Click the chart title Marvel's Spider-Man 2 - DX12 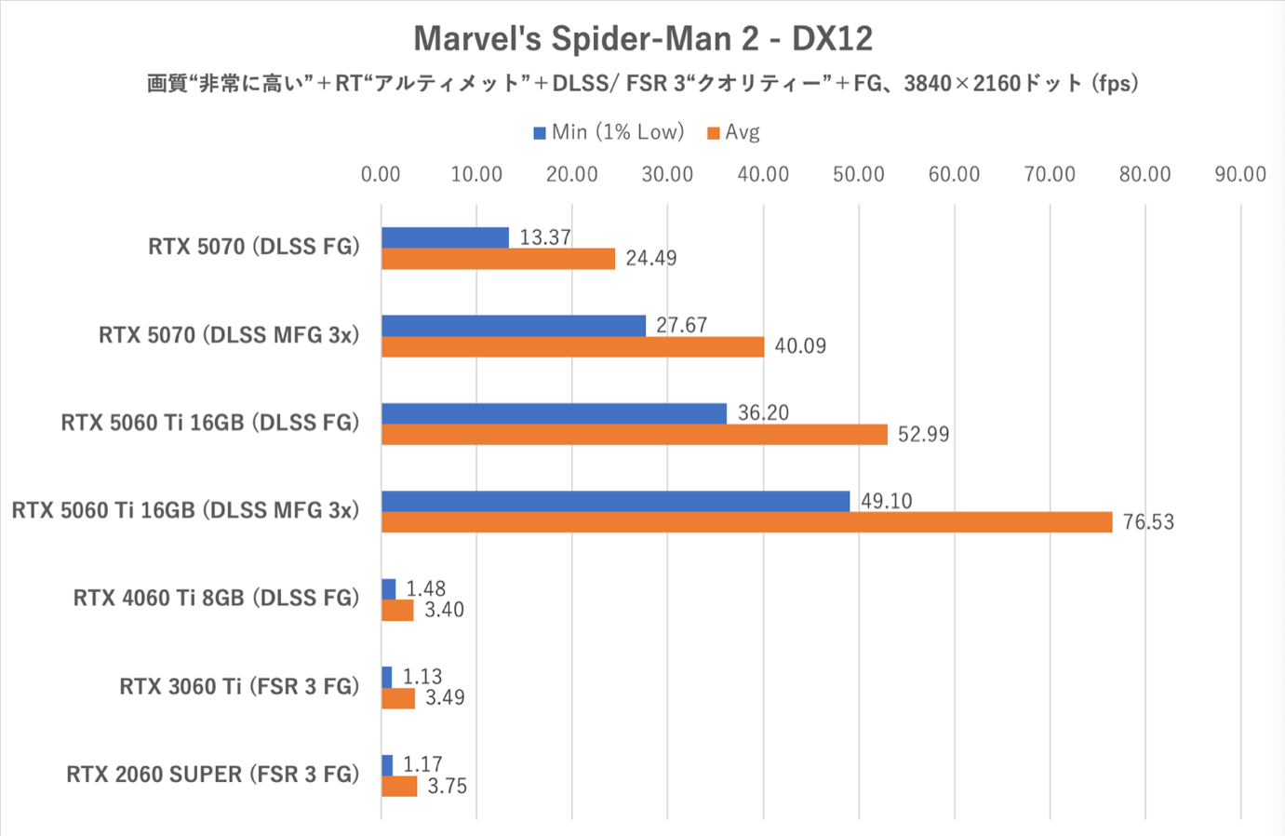643,38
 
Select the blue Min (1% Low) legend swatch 540,133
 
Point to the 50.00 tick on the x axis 858,174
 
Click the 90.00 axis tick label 1239,174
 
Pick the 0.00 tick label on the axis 381,174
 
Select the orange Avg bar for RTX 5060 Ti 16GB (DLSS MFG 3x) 746,522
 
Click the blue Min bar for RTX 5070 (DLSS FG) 445,237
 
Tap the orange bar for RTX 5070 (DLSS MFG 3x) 572,346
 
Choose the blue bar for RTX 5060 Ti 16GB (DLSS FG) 554,413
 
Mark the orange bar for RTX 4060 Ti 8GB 397,611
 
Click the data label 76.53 1148,522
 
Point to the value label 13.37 544,237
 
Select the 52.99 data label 923,435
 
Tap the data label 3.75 447,787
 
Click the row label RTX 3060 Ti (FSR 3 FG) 239,687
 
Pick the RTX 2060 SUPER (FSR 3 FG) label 212,775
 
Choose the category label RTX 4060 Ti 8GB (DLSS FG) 216,598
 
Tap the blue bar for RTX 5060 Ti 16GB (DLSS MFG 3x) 615,501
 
